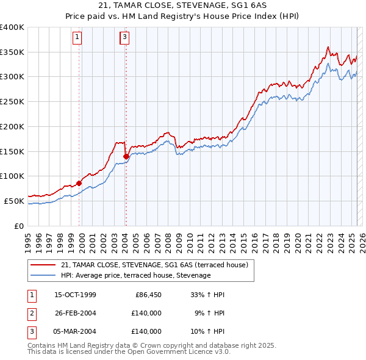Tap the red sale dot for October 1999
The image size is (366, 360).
click(79, 183)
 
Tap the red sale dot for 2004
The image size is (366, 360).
click(126, 156)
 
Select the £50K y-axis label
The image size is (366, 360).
click(15, 201)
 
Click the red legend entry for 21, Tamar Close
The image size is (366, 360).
click(154, 265)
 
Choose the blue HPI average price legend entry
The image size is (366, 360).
click(135, 276)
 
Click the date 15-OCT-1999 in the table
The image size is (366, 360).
click(75, 295)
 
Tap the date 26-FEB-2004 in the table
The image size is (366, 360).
click(75, 313)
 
